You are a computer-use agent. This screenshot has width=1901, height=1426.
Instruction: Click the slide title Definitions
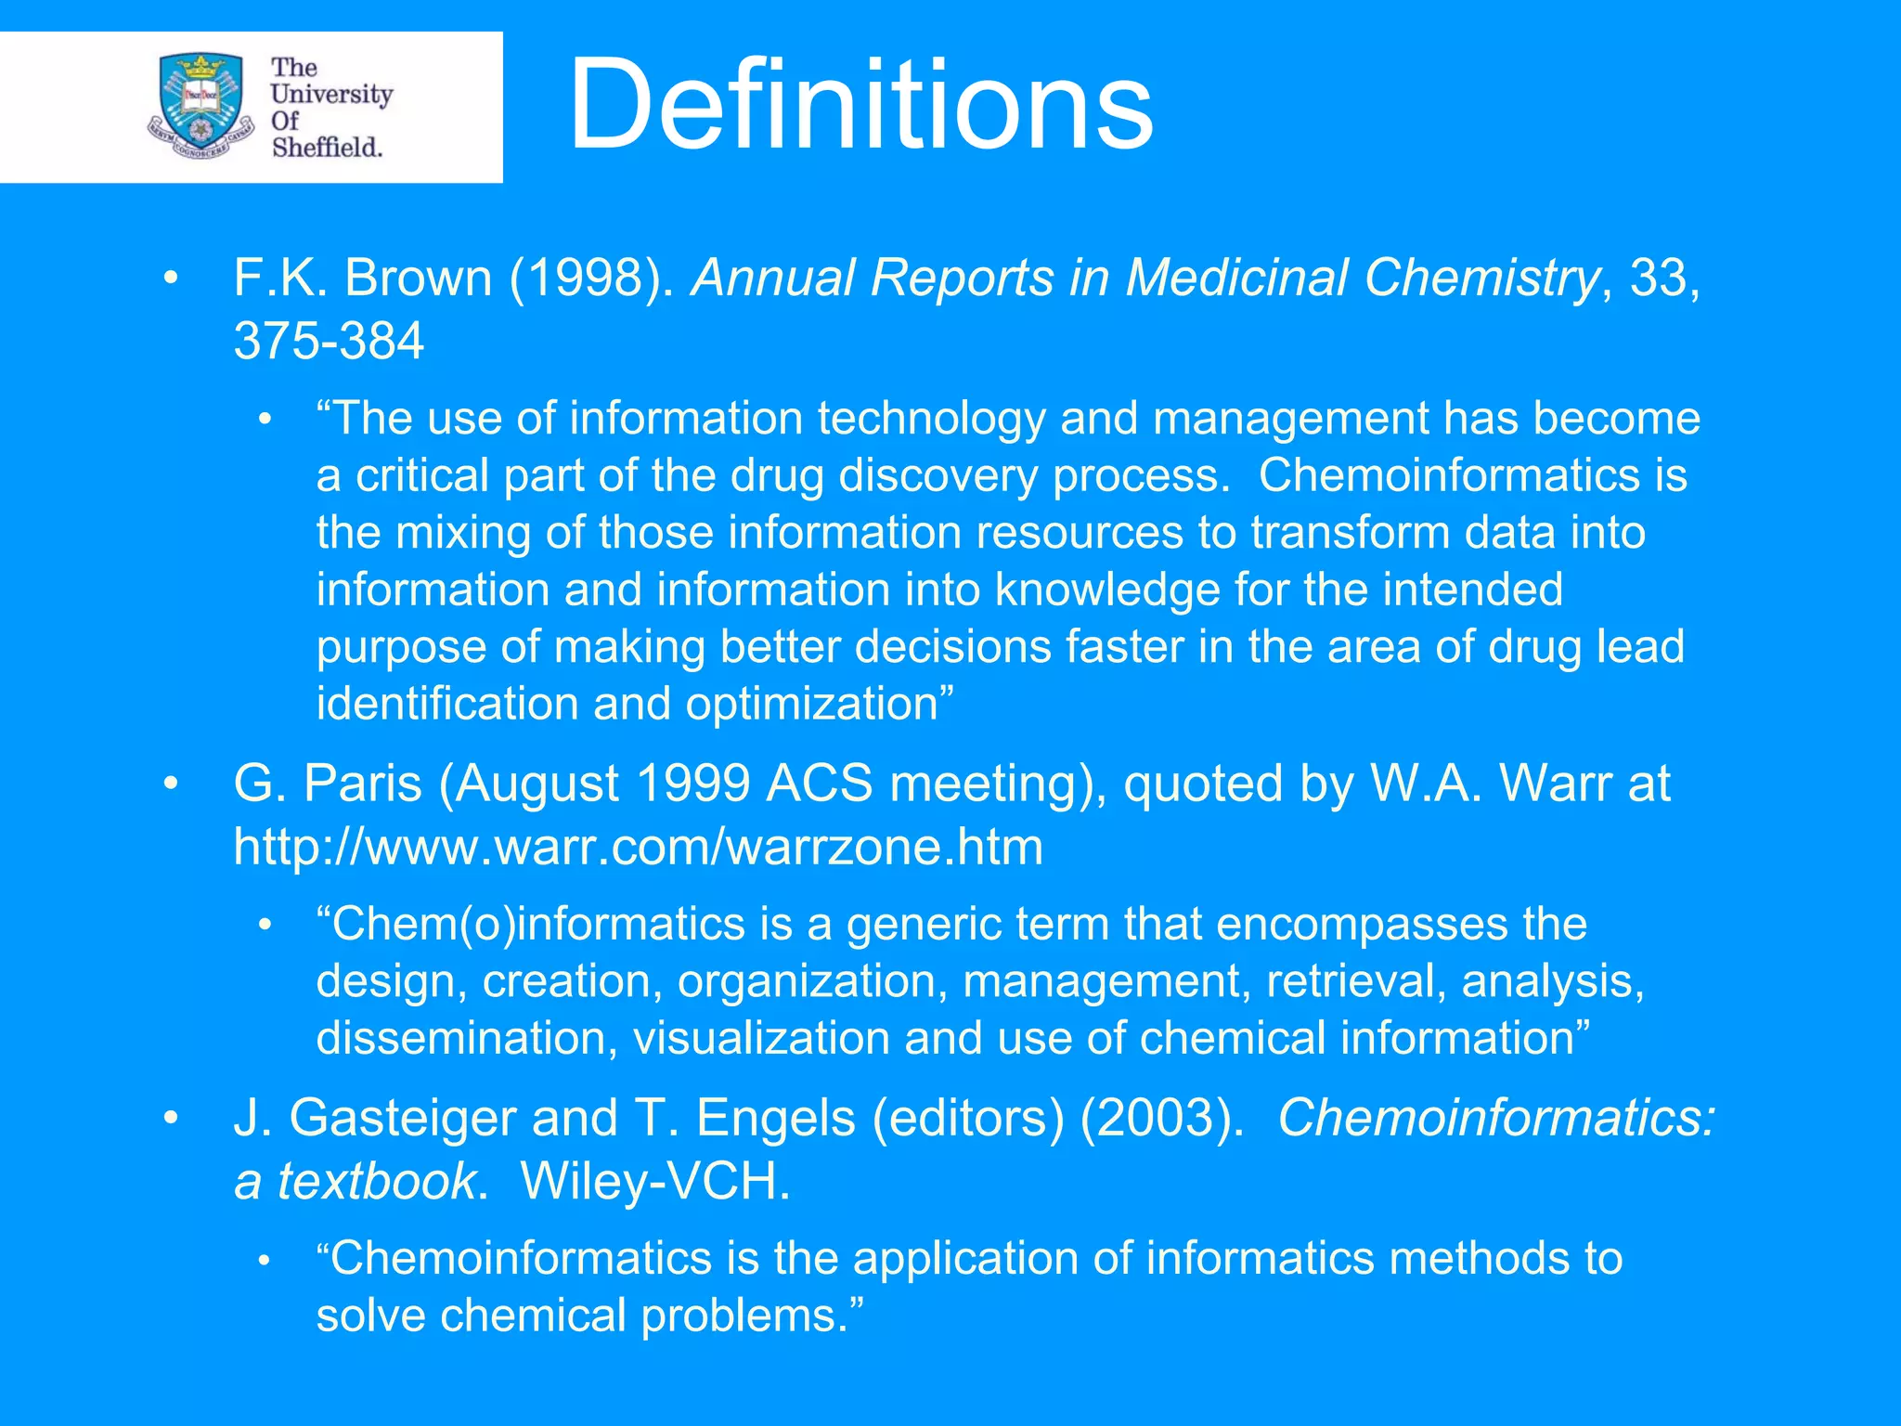860,104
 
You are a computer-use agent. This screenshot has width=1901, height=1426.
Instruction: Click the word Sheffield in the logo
327,148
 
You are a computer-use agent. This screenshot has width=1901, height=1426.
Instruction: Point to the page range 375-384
329,341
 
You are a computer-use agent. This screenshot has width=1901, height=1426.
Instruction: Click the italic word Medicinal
1236,278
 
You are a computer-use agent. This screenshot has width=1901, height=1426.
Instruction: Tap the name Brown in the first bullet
418,278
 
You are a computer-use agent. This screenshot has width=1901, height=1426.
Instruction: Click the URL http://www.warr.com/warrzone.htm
639,848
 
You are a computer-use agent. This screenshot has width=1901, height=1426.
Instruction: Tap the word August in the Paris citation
537,784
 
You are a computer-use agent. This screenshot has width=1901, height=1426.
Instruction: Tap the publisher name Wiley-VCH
654,1182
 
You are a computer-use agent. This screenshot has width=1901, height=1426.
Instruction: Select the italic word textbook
377,1182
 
